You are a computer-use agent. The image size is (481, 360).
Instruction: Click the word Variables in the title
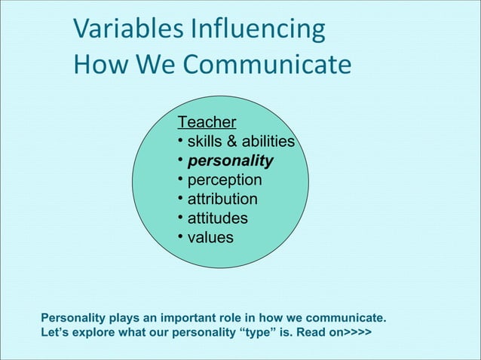tap(126, 30)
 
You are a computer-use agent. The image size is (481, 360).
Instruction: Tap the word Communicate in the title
tap(268, 65)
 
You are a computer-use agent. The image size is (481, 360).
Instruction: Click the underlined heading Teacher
tap(207, 122)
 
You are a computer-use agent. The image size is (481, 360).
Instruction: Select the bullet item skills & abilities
tap(240, 142)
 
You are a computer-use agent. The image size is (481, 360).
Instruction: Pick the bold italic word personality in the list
tap(230, 161)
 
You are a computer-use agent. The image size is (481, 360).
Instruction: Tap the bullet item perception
tap(225, 181)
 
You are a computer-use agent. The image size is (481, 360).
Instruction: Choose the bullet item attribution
tap(222, 200)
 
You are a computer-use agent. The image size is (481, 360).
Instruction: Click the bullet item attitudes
tap(217, 218)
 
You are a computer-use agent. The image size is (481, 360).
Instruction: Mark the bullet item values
tap(210, 238)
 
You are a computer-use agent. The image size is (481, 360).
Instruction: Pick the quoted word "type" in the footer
tap(261, 332)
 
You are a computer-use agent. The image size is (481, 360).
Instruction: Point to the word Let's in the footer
tap(55, 332)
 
